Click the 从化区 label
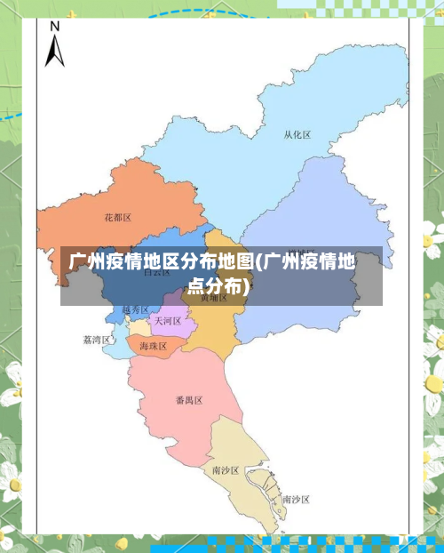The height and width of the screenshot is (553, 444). [297, 135]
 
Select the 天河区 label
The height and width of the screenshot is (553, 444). [167, 320]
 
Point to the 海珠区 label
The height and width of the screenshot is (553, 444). [153, 345]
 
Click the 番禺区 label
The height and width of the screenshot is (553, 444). [188, 401]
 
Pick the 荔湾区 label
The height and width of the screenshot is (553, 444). [96, 340]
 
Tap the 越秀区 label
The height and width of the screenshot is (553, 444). [136, 309]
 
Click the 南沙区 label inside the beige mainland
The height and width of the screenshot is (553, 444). [226, 469]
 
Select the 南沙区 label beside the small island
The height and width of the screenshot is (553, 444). [296, 500]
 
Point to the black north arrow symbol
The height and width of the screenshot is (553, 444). [54, 51]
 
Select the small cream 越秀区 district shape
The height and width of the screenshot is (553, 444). [139, 328]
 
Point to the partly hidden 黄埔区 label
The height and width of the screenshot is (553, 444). [213, 299]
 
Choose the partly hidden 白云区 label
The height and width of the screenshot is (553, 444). [156, 272]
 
